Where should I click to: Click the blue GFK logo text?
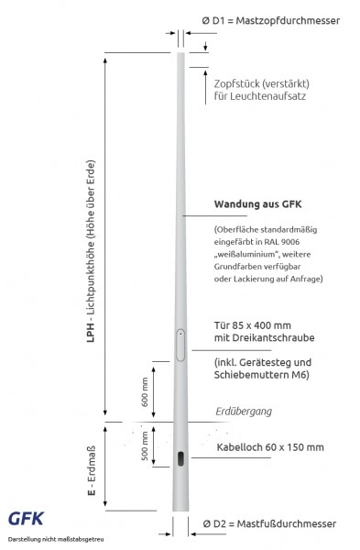click(x=26, y=519)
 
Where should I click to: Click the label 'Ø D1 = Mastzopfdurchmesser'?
click(x=272, y=18)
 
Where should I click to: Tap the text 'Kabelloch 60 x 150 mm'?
click(x=269, y=447)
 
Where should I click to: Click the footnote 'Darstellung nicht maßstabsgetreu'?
click(x=55, y=539)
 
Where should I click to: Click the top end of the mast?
click(x=180, y=54)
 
